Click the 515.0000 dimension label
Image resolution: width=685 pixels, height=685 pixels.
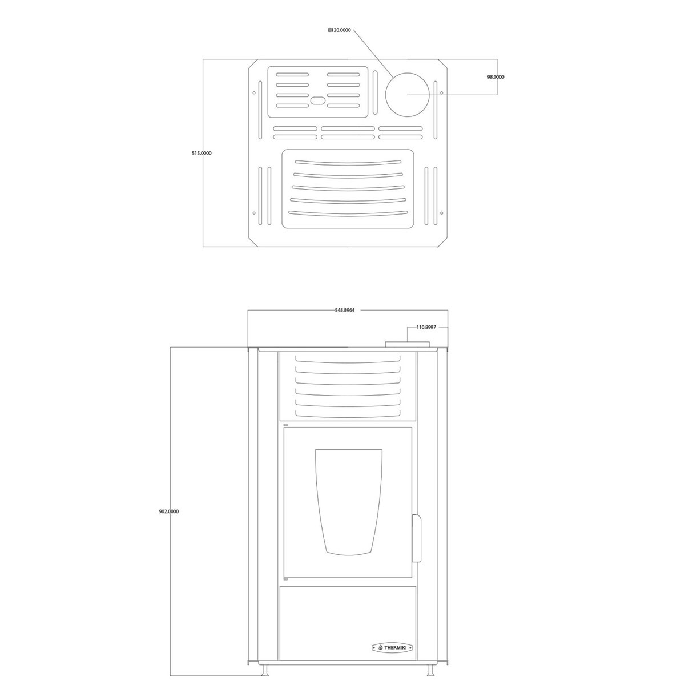pyautogui.click(x=202, y=153)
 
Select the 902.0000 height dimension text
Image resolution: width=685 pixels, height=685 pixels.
pyautogui.click(x=169, y=511)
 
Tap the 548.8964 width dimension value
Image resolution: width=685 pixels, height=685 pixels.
pyautogui.click(x=345, y=310)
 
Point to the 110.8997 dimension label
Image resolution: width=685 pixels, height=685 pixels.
pyautogui.click(x=426, y=327)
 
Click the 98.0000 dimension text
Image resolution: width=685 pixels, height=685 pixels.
pyautogui.click(x=495, y=77)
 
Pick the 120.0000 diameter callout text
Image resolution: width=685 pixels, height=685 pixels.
pyautogui.click(x=340, y=30)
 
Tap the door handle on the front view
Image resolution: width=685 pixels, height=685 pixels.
pyautogui.click(x=416, y=543)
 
